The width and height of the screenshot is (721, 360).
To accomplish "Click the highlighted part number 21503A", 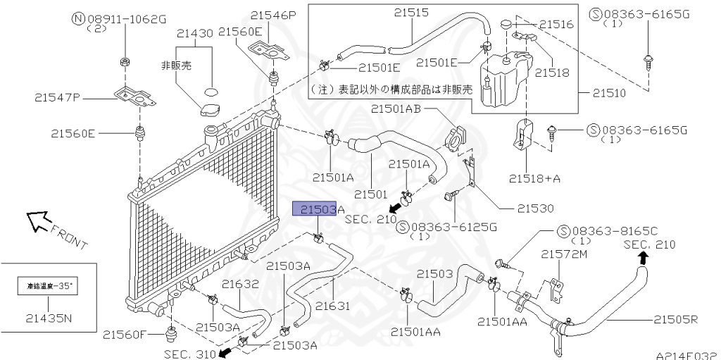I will pos(318,209).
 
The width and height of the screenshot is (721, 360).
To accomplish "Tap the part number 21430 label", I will pos(195,33).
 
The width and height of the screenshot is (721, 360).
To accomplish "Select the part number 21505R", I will pos(675,320).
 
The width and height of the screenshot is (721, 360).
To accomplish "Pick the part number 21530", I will pos(535,209).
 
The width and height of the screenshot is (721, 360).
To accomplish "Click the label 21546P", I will pos(272,14).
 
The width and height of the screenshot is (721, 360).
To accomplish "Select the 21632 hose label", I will pos(241,285).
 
